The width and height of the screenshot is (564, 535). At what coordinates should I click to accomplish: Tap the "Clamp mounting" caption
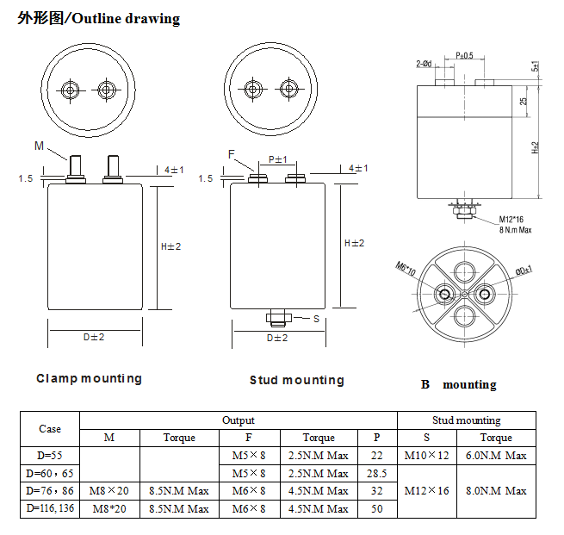tap(89, 378)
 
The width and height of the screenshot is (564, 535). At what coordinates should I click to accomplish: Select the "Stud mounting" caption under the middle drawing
tap(297, 380)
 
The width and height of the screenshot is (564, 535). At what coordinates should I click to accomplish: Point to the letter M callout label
tap(39, 146)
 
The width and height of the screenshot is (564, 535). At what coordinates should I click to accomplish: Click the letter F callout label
tap(232, 154)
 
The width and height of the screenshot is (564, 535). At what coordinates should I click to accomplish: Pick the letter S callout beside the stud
tap(316, 318)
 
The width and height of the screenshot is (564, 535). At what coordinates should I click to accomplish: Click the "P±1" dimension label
tap(278, 159)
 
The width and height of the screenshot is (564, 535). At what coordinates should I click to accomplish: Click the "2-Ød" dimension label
tap(424, 63)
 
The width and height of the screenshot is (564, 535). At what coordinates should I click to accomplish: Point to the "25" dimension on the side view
tap(524, 101)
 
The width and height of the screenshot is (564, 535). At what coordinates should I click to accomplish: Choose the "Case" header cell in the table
tap(50, 429)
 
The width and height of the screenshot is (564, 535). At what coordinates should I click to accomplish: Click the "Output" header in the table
tap(239, 420)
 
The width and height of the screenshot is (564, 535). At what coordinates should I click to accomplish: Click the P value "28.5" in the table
tap(376, 473)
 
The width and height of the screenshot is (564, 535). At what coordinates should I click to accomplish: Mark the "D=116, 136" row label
tap(50, 508)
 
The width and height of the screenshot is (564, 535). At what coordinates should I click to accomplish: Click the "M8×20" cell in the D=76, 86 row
tap(109, 491)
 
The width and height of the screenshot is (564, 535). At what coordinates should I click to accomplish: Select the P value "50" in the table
tap(376, 508)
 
